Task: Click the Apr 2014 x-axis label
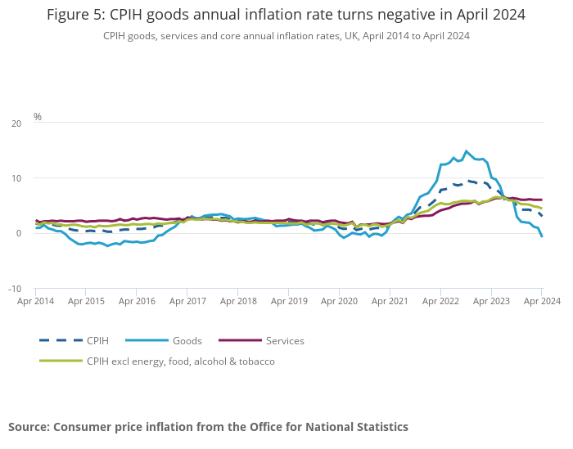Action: pyautogui.click(x=35, y=301)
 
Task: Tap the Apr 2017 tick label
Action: pyautogui.click(x=187, y=301)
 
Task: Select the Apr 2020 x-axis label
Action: pyautogui.click(x=339, y=301)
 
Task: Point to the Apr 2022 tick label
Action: pyautogui.click(x=440, y=301)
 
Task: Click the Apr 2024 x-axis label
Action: pyautogui.click(x=542, y=301)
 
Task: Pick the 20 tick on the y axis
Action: pyautogui.click(x=16, y=123)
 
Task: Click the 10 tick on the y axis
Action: pyautogui.click(x=16, y=178)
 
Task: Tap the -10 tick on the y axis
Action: pyautogui.click(x=15, y=289)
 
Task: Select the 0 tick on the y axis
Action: pyautogui.click(x=19, y=234)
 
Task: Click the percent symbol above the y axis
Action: pyautogui.click(x=38, y=117)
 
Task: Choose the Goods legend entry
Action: pyautogui.click(x=187, y=340)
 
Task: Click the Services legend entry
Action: pyautogui.click(x=285, y=340)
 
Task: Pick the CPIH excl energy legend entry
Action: pyautogui.click(x=180, y=361)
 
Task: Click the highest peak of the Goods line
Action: pyautogui.click(x=467, y=151)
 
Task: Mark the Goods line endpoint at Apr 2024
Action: pyautogui.click(x=542, y=236)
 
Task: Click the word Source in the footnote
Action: pyautogui.click(x=28, y=427)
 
